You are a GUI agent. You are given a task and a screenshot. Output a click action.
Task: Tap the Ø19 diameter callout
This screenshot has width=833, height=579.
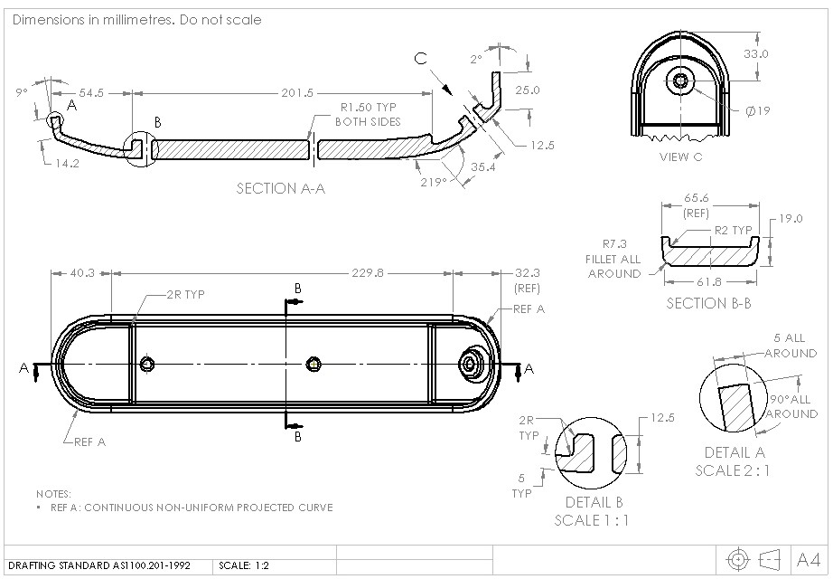click(757, 111)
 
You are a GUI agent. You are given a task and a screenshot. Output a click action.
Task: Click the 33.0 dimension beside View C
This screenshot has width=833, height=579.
click(755, 53)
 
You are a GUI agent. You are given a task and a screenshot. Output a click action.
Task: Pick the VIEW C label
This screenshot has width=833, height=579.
click(681, 157)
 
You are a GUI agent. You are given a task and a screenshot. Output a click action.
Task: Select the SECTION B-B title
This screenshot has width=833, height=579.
click(708, 303)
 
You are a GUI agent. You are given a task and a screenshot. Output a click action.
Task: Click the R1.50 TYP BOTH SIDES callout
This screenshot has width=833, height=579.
click(368, 113)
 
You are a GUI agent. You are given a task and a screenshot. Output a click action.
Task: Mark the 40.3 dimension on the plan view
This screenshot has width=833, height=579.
click(80, 272)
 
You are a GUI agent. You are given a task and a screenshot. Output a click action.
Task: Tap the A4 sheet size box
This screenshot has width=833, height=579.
click(809, 558)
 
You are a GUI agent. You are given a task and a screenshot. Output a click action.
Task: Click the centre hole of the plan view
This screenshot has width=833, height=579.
click(313, 364)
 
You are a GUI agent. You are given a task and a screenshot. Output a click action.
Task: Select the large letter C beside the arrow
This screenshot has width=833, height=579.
click(421, 60)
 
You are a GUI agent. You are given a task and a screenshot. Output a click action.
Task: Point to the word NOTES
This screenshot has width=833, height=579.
click(53, 494)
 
